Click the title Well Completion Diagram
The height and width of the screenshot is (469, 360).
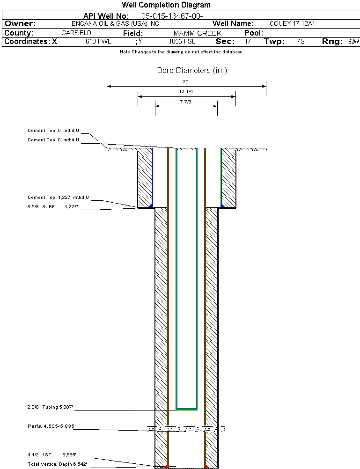tap(166, 5)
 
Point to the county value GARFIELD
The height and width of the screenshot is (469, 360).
tap(76, 33)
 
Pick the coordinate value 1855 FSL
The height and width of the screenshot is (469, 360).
tap(182, 42)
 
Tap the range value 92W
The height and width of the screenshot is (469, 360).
tap(353, 42)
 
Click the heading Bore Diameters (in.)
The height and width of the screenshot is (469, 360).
tap(192, 71)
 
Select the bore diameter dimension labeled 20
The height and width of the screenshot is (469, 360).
tap(185, 81)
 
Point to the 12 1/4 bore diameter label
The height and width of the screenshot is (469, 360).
tap(186, 92)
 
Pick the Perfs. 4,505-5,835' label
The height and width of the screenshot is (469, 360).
tap(51, 426)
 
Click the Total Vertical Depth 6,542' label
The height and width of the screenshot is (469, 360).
tap(57, 464)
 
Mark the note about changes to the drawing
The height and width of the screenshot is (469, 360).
tap(181, 52)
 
